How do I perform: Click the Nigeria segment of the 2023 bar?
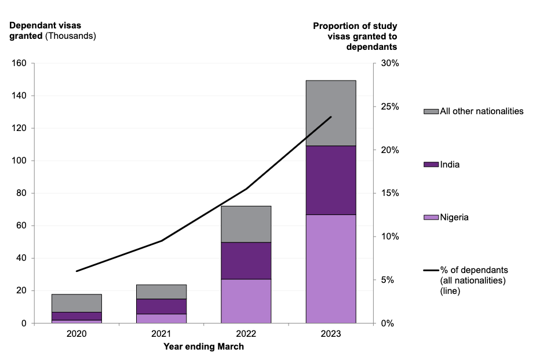point(331,268)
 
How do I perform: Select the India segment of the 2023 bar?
point(331,180)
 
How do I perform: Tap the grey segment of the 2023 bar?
point(331,113)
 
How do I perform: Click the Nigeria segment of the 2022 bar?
point(246,300)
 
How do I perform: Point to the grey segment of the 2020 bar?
point(76,303)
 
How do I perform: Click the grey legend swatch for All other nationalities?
point(431,111)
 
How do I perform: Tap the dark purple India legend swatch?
point(431,165)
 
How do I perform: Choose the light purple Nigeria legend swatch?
point(431,217)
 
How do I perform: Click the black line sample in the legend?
point(431,270)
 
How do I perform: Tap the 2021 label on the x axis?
point(161,334)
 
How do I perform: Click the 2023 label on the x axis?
point(331,334)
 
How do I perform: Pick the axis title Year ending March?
point(204,347)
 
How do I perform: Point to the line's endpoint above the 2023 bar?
point(331,117)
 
